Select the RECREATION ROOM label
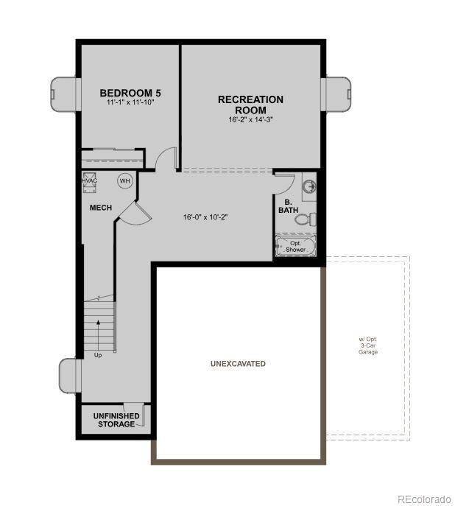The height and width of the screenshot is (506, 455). pyautogui.click(x=250, y=104)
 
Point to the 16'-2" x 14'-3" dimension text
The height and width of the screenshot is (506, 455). pyautogui.click(x=250, y=119)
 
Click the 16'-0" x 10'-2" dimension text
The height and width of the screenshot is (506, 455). pyautogui.click(x=205, y=217)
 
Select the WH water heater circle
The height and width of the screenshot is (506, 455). pyautogui.click(x=124, y=181)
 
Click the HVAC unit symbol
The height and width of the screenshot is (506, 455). pyautogui.click(x=90, y=181)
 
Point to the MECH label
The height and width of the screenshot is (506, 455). pyautogui.click(x=101, y=208)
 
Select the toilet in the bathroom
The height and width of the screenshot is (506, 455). pyautogui.click(x=306, y=219)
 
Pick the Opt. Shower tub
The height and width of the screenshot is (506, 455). pyautogui.click(x=295, y=246)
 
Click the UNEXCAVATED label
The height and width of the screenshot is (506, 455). pyautogui.click(x=238, y=364)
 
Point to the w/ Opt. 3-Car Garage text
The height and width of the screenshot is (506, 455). pyautogui.click(x=368, y=346)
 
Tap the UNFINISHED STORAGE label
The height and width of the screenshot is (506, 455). pyautogui.click(x=116, y=421)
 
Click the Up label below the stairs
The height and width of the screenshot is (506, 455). pyautogui.click(x=98, y=355)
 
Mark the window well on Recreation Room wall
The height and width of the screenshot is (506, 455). pyautogui.click(x=337, y=94)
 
